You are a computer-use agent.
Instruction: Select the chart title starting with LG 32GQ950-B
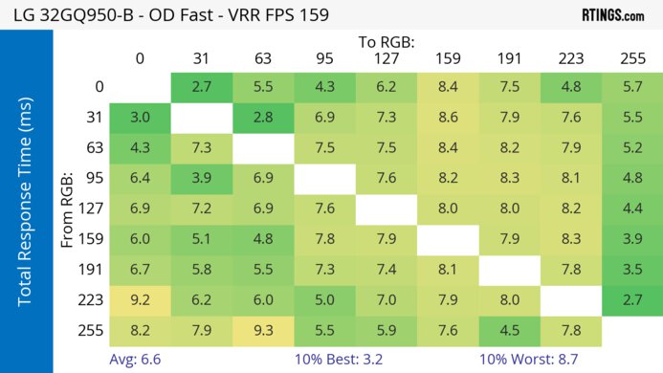pyautogui.click(x=178, y=15)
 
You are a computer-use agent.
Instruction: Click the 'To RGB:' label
pyautogui.click(x=387, y=42)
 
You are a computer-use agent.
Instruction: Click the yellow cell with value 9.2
pyautogui.click(x=140, y=300)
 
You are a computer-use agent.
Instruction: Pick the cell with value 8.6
pyautogui.click(x=448, y=117)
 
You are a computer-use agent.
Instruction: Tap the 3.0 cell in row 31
pyautogui.click(x=140, y=117)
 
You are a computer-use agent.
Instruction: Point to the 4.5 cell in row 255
pyautogui.click(x=509, y=330)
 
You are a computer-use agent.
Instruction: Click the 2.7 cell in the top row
pyautogui.click(x=201, y=86)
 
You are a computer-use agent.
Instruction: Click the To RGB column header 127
pyautogui.click(x=387, y=58)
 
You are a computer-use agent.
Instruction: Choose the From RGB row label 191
pyautogui.click(x=92, y=270)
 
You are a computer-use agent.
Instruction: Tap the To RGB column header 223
pyautogui.click(x=571, y=58)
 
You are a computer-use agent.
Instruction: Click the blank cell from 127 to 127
pyautogui.click(x=387, y=208)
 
